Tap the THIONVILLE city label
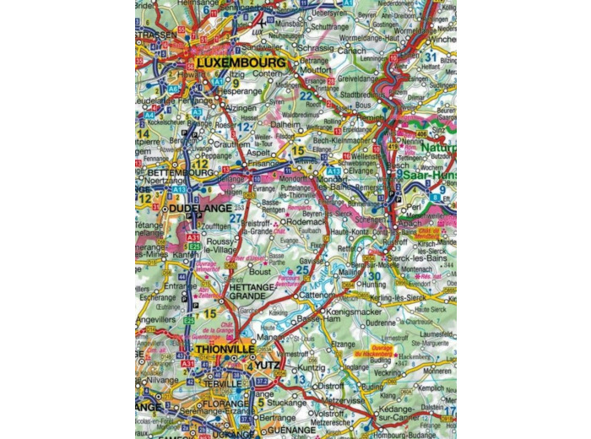pos(224,347)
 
